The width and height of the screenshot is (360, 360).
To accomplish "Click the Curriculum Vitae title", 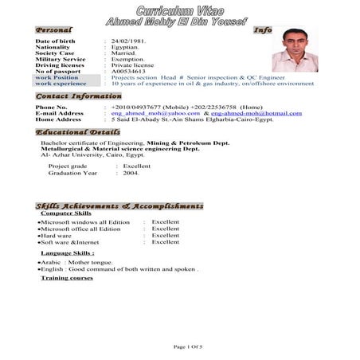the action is (179, 10).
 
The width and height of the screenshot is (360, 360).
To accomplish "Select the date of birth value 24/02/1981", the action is (130, 41).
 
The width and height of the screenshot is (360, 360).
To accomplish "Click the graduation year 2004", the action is (130, 172).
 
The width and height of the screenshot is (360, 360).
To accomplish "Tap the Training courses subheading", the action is (67, 278).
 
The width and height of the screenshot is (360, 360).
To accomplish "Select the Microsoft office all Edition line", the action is (80, 229).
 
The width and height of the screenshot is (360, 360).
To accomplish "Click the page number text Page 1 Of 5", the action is (189, 347).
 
